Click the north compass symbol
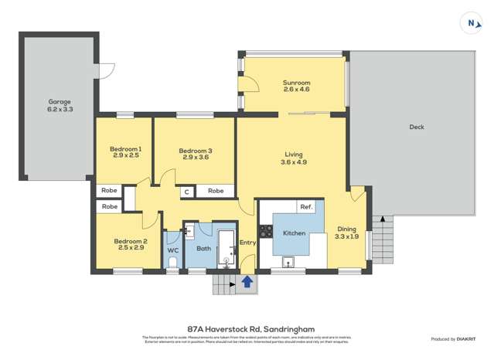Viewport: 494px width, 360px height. tap(471, 23)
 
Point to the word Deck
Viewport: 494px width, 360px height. tap(417, 127)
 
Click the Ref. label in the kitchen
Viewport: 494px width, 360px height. tap(306, 207)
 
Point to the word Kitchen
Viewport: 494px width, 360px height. tap(294, 233)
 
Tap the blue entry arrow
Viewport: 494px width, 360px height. tap(247, 283)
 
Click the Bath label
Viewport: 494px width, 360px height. tap(203, 249)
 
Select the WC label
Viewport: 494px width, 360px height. tap(173, 250)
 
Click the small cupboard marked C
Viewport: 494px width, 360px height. tap(186, 192)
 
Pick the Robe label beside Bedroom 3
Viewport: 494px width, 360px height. tap(216, 191)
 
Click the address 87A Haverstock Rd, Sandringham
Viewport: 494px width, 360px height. tap(247, 328)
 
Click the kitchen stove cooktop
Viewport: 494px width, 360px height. tap(264, 229)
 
